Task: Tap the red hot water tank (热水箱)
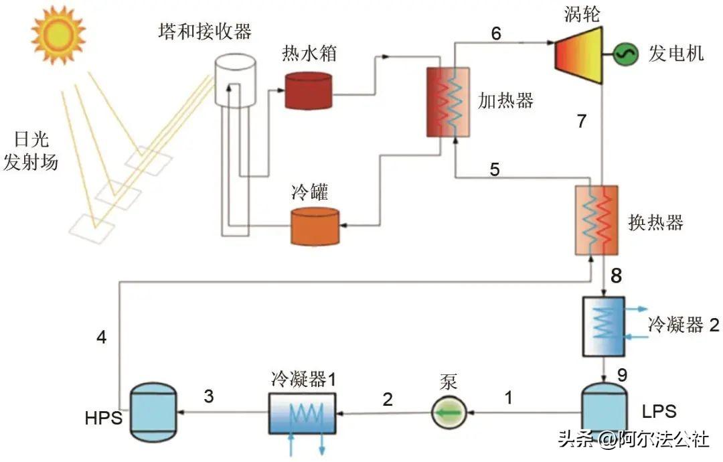pos(308,90)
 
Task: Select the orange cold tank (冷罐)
pos(315,226)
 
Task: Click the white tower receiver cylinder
pos(235,80)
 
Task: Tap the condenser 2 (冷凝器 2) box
pos(602,326)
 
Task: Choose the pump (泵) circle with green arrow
pos(448,412)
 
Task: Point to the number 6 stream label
pos(496,34)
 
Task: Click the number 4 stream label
pos(101,337)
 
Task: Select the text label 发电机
pos(676,54)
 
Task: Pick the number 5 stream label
pos(495,169)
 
